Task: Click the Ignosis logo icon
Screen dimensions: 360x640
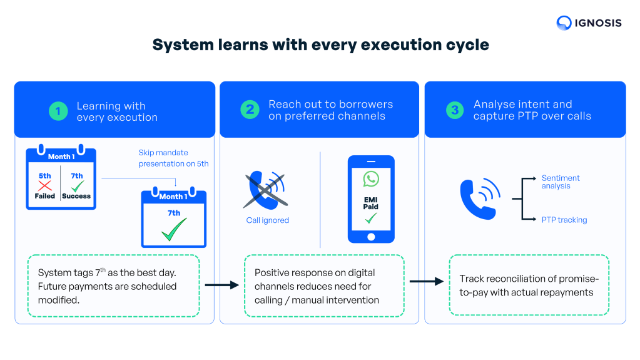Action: point(564,23)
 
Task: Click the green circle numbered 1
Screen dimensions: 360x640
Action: point(58,111)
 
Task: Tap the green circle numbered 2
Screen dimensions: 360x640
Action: point(250,110)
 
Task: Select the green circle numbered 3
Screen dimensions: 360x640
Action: point(455,110)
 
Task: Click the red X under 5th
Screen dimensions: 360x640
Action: point(44,185)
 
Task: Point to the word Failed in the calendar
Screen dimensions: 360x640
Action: point(44,196)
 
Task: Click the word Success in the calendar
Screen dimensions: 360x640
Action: point(76,196)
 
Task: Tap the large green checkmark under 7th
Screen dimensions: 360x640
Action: point(173,229)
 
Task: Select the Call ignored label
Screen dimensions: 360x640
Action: point(267,220)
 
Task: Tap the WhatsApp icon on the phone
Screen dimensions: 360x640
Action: point(371,180)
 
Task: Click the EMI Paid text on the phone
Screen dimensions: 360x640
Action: point(371,202)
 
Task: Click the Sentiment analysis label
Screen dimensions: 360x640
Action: point(561,182)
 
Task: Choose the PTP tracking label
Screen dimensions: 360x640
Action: point(564,220)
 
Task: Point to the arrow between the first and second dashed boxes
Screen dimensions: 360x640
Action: point(221,285)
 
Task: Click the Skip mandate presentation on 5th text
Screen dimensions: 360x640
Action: point(173,158)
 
